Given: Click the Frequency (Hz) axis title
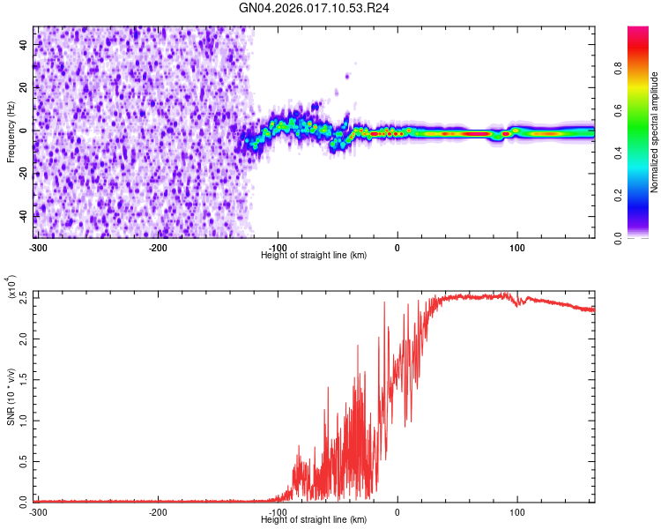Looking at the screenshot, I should point(11,132).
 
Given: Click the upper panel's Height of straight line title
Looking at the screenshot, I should point(314,255).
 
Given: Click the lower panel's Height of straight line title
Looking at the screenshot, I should point(314,519).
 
